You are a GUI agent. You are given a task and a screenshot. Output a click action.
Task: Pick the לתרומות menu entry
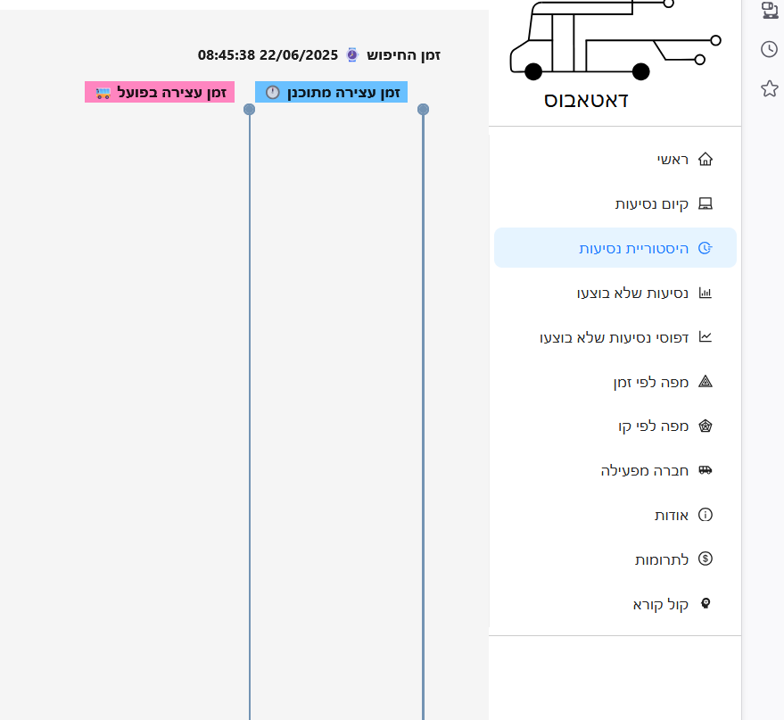(661, 559)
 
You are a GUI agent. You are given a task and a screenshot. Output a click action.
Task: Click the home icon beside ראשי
(706, 160)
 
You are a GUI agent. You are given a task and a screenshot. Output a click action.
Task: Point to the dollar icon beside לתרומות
(706, 559)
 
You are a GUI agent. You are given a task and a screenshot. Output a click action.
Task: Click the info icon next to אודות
(706, 515)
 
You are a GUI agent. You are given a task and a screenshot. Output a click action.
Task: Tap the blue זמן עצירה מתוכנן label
(332, 92)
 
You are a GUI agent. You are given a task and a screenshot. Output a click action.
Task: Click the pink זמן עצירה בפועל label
(160, 92)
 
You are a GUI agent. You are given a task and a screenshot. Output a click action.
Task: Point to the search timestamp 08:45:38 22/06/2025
(268, 55)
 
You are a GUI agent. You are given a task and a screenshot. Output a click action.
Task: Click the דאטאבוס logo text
(586, 100)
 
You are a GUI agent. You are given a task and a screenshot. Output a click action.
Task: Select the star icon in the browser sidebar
(769, 88)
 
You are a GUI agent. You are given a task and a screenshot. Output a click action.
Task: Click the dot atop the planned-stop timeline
(423, 110)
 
